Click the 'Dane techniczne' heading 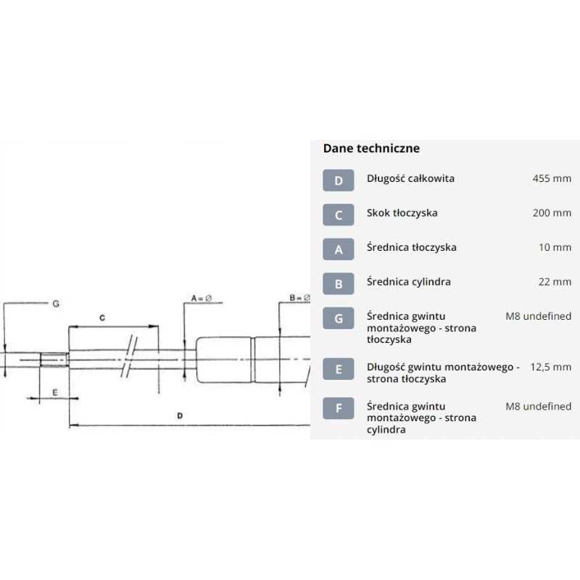point(371,149)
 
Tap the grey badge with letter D point(339,180)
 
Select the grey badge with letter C point(339,214)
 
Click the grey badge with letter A point(339,249)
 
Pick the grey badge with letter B point(339,283)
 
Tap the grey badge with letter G point(339,319)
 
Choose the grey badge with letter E point(339,369)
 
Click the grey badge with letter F point(339,409)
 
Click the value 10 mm point(555,247)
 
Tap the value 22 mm point(555,282)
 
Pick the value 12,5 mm point(550,367)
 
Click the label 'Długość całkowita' point(410,178)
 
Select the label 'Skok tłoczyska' point(402,213)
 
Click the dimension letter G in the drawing point(55,304)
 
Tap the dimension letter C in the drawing point(103,318)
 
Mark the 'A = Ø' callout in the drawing point(201,298)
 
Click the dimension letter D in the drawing point(180,415)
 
